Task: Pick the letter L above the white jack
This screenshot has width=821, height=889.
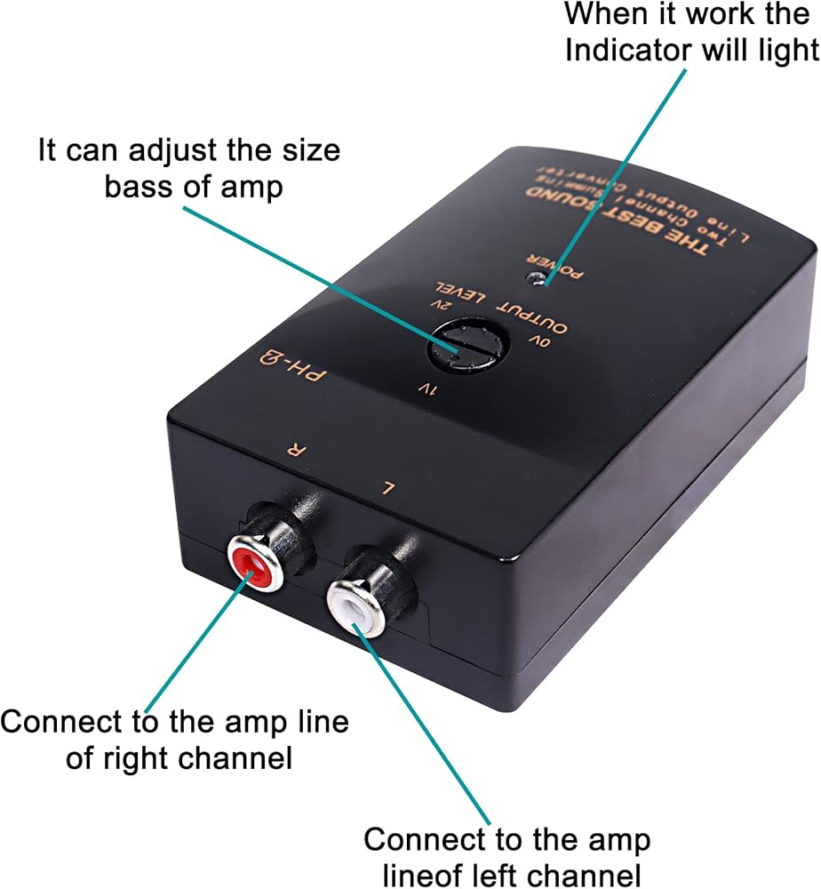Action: (x=387, y=486)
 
